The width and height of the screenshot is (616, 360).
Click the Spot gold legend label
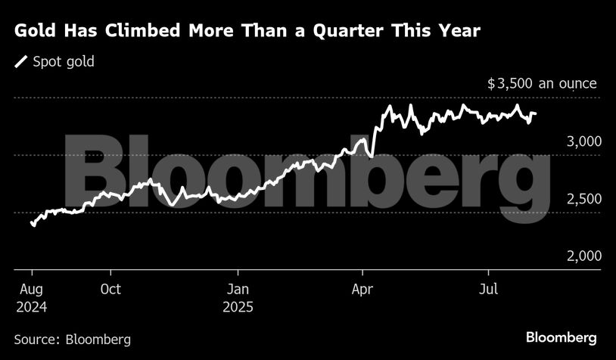point(64,62)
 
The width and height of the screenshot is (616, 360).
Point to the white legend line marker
point(21,62)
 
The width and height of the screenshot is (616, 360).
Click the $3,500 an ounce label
point(542,84)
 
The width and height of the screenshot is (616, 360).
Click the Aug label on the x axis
point(30,290)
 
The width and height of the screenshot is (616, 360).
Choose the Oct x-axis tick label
point(110,290)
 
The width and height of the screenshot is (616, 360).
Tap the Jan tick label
point(238,290)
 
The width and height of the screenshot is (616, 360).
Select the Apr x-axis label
point(363,290)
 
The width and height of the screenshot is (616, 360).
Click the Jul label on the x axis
point(488,290)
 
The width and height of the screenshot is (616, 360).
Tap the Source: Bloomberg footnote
point(73,339)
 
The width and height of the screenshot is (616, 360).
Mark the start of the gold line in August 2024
point(32,223)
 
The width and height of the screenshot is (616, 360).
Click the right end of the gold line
point(536,114)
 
